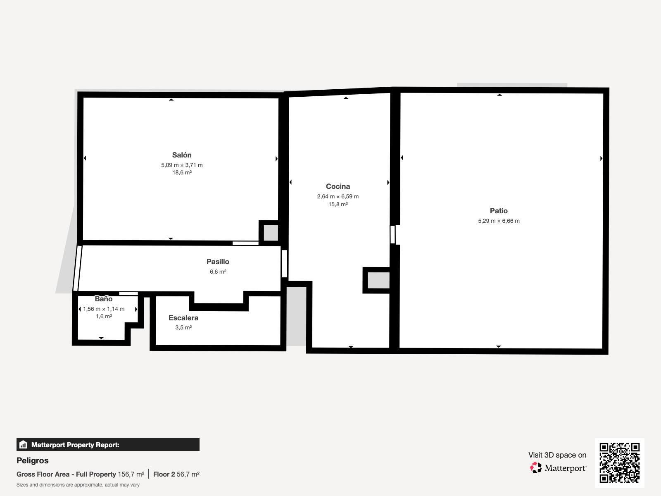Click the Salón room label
tap(182, 155)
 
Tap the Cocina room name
tap(338, 186)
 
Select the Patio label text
tap(499, 211)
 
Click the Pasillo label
tap(218, 262)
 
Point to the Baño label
tap(103, 299)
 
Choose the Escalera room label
tap(183, 318)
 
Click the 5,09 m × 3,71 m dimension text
tap(182, 165)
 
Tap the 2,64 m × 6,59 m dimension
tap(338, 196)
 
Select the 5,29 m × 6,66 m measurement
tap(499, 221)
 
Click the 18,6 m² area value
tap(182, 173)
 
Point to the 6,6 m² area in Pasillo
tap(218, 272)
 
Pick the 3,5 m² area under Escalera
tap(183, 327)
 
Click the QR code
tap(619, 463)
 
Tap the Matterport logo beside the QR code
tap(558, 468)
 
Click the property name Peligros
tap(33, 460)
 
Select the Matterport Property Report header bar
tap(108, 444)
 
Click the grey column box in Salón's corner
tap(271, 232)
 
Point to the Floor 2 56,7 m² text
tap(176, 474)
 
